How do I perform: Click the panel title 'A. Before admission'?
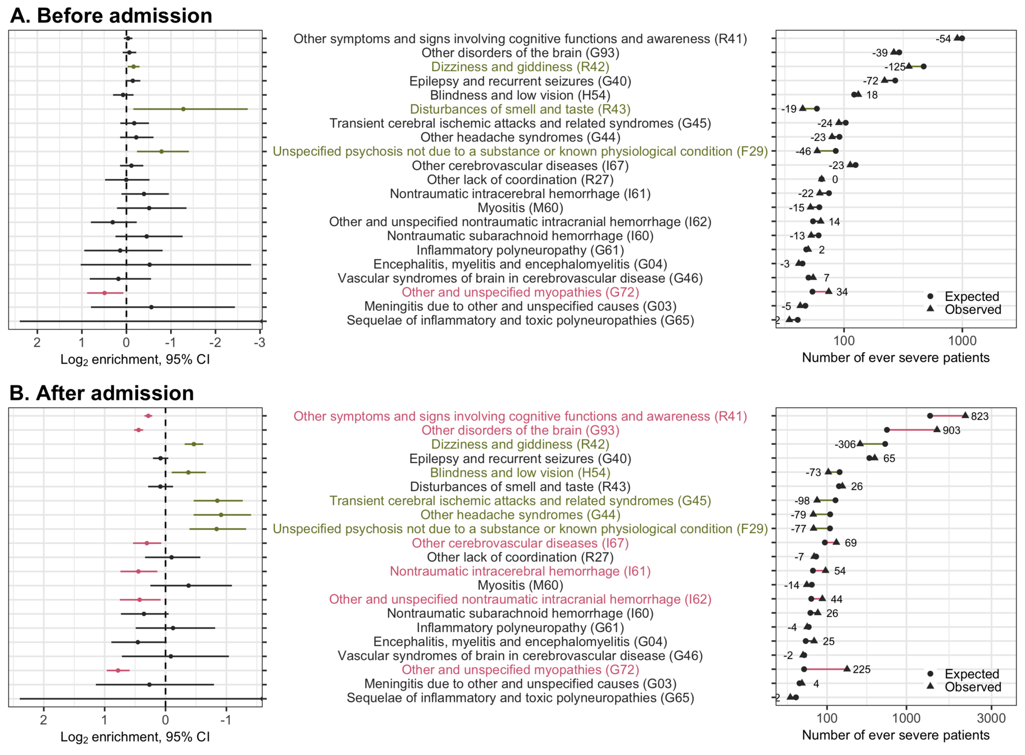coord(111,16)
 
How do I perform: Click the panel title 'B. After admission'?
coord(102,393)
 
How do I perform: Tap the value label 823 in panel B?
coord(980,417)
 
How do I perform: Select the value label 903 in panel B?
coord(952,431)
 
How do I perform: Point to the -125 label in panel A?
coord(895,67)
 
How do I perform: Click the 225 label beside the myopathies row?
coord(862,669)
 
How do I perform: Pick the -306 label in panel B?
coord(845,445)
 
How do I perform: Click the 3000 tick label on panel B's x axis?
coord(991,718)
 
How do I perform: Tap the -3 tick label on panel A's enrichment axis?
coord(259,342)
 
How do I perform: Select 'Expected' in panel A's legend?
coord(972,296)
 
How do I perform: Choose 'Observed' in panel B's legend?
coord(973,687)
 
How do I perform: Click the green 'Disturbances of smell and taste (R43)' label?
coord(520,109)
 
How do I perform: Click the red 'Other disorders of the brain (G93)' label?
coord(520,431)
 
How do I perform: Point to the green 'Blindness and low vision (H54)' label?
coord(520,473)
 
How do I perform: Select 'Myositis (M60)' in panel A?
coord(520,208)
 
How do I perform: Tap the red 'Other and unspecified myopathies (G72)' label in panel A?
coord(520,292)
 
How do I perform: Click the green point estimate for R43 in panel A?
coord(183,109)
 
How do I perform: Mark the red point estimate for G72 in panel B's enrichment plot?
coord(117,670)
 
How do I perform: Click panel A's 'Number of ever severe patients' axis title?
coord(895,358)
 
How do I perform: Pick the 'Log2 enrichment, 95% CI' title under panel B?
coord(135,737)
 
